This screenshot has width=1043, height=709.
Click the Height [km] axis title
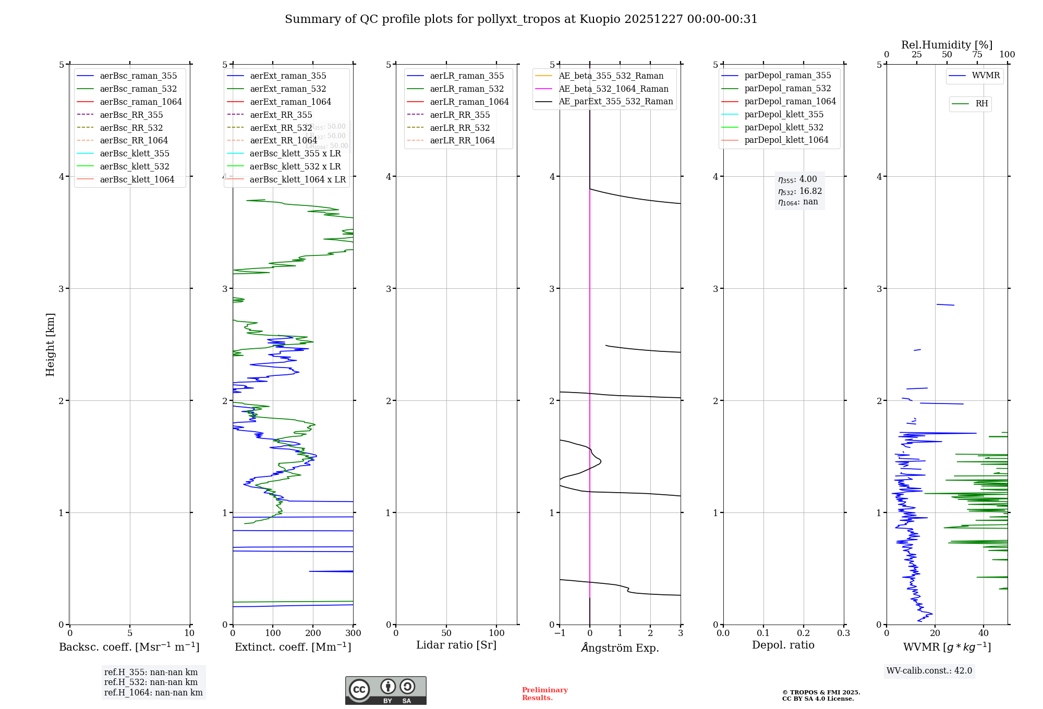pos(50,345)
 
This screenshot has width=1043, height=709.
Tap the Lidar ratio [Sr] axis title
pos(456,645)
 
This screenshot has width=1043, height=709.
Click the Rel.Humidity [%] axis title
pos(947,45)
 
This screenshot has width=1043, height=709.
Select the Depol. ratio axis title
pos(783,645)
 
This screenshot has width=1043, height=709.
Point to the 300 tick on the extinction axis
pos(354,633)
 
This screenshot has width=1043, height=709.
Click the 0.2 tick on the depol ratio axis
pos(804,633)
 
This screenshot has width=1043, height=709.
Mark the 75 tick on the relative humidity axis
pos(977,55)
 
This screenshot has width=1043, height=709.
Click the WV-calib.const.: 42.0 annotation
pos(929,671)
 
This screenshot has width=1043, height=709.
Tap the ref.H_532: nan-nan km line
pos(151,682)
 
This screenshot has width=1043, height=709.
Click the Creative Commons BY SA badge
pos(385,691)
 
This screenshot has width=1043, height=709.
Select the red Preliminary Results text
pos(544,694)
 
